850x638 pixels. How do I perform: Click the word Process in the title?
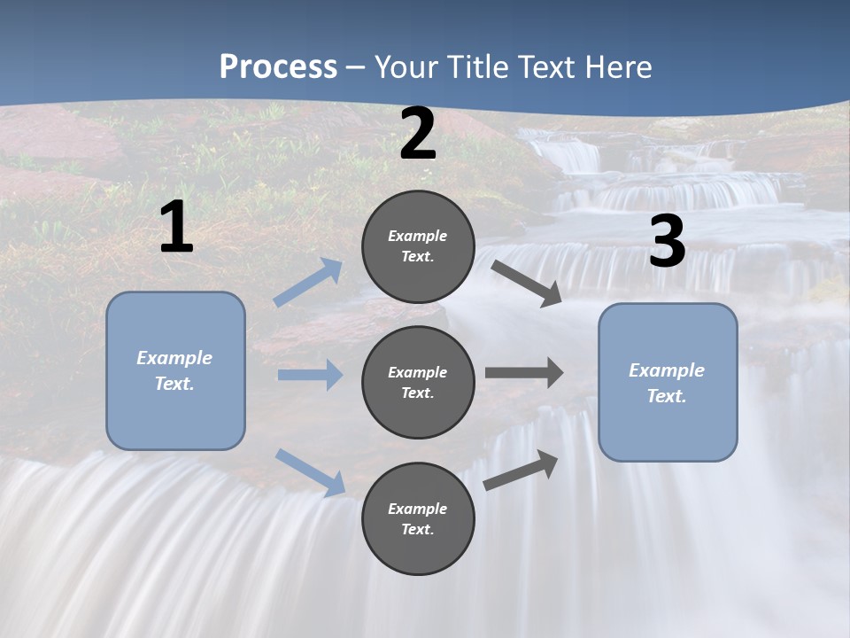coord(278,67)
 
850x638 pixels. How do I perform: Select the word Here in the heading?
coord(617,67)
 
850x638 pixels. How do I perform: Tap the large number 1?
coord(176,227)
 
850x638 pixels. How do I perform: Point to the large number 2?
coord(418,134)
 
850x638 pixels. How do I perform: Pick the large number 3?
coord(667,241)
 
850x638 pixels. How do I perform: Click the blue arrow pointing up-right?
coord(309,283)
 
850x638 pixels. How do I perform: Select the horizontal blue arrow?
coord(310,375)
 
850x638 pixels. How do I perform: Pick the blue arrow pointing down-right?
coord(311,471)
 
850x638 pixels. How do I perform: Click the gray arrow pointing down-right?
coord(528,283)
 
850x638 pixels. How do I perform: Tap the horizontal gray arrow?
coord(524,373)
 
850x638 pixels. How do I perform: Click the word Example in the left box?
coord(174,358)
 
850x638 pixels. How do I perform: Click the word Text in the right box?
coord(666,396)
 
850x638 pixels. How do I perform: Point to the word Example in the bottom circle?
coord(418,509)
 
